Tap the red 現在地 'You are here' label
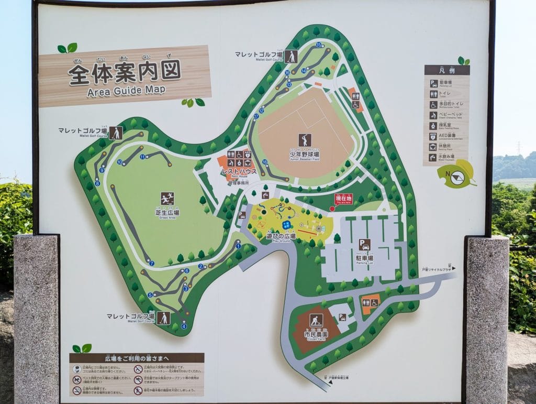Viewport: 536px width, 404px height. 343,199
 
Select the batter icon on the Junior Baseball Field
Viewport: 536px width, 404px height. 305,140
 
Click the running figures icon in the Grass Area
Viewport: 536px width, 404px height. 167,199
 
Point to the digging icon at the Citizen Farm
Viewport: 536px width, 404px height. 316,320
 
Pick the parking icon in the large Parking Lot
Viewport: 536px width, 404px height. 364,245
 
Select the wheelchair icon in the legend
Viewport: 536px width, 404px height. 434,104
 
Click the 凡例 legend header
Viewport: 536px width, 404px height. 446,70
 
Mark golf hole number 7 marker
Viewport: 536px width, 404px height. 152,263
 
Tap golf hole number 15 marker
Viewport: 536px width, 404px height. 318,45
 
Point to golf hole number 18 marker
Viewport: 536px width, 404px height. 265,162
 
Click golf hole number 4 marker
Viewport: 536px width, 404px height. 184,326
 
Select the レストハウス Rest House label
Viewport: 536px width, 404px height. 239,172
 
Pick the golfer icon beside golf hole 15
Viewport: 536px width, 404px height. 291,57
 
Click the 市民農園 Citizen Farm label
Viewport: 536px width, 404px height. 316,334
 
